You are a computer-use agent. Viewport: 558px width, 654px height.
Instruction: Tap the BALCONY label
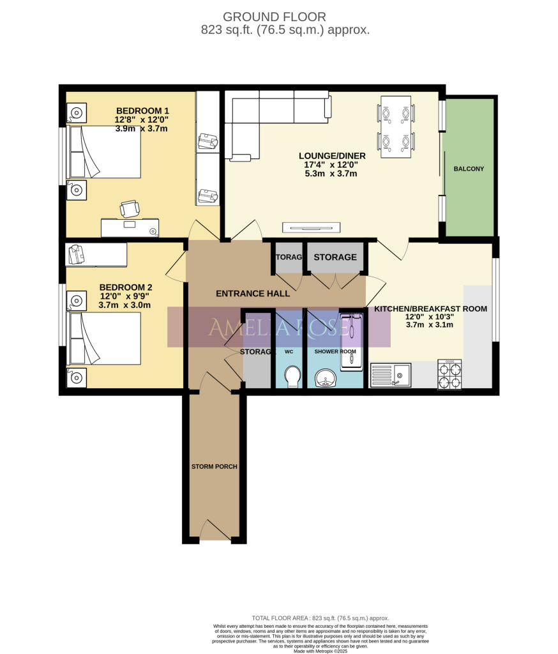point(469,169)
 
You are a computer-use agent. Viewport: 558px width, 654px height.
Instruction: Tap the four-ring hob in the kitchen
point(448,375)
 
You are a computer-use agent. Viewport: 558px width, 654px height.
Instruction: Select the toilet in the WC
point(293,376)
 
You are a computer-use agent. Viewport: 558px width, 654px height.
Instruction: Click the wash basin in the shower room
point(328,379)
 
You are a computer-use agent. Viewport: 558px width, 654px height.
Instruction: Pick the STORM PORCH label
point(214,467)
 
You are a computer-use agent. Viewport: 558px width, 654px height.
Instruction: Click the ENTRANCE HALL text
point(253,294)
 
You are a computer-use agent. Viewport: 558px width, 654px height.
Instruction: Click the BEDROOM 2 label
point(125,287)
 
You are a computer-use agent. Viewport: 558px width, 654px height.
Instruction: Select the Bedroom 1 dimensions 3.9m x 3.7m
point(141,128)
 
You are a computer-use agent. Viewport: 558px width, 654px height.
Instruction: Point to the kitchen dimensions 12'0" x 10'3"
point(430,316)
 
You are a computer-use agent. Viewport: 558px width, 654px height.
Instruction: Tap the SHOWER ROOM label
point(335,351)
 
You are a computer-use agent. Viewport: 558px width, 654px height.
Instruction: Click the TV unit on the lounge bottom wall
point(312,227)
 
